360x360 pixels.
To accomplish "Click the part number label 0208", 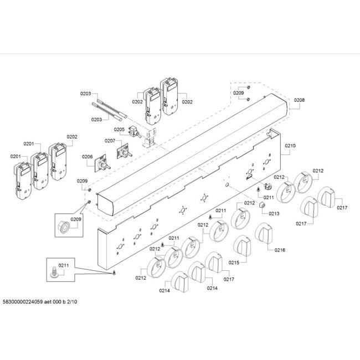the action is [x=299, y=100].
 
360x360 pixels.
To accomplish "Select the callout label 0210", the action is [x=290, y=146].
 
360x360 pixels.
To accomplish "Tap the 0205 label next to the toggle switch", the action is [x=119, y=130].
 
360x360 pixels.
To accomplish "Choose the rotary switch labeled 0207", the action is [x=124, y=151].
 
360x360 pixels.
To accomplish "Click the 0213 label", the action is [x=274, y=214].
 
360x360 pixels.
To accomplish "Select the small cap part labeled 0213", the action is [x=262, y=204].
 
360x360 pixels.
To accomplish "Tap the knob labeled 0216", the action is [x=264, y=233].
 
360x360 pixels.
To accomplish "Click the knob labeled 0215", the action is [x=242, y=245].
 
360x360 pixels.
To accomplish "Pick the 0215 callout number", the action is [x=234, y=263].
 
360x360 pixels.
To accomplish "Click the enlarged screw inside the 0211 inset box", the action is [x=54, y=272].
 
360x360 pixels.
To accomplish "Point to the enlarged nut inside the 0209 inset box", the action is [x=63, y=227].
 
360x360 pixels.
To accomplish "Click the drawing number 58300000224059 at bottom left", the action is [x=23, y=302].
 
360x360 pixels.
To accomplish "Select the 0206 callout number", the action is [x=88, y=157].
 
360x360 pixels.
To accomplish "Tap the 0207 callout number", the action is [x=110, y=141].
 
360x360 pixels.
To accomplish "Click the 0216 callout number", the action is [x=280, y=250].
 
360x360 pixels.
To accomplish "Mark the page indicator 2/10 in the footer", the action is [x=72, y=302].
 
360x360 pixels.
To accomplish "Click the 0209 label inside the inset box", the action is [x=76, y=219].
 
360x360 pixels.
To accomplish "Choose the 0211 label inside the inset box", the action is [x=63, y=265].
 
